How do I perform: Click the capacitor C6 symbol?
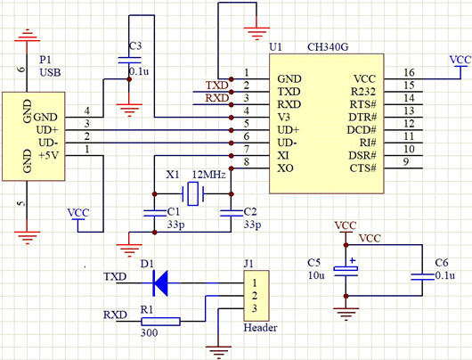[x=419, y=277]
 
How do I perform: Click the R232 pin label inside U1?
[x=365, y=92]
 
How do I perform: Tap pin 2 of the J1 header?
[x=255, y=295]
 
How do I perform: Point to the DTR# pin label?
[x=364, y=117]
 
